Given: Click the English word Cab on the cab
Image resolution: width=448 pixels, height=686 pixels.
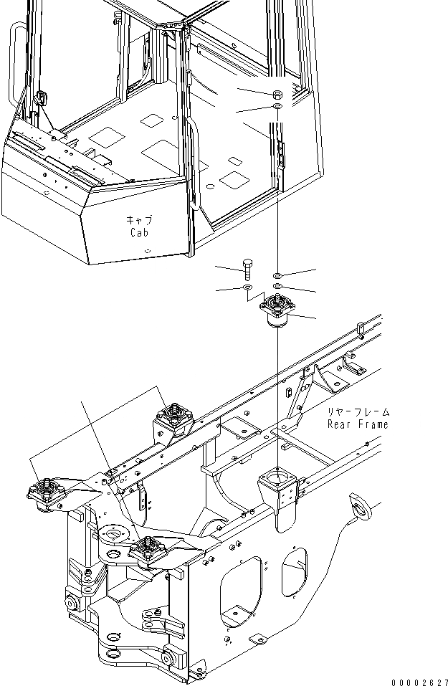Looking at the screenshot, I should click(140, 233).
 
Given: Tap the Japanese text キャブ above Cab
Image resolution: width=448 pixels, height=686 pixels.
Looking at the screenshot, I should click(140, 220).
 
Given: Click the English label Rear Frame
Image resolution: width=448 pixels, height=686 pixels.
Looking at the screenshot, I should click(358, 424).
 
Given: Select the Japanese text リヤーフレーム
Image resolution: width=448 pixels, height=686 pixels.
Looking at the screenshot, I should click(358, 412).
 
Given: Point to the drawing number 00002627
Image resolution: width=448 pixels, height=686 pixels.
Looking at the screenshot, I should click(419, 680).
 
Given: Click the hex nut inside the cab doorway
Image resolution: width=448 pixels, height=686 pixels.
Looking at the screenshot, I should click(277, 94).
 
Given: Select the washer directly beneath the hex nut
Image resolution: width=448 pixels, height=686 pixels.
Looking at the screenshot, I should click(277, 107).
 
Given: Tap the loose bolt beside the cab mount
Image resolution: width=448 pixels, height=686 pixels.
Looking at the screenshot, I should click(248, 270).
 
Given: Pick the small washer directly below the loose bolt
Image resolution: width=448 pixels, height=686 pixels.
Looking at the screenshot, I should click(248, 287).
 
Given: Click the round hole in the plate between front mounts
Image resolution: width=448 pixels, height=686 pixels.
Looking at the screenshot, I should click(113, 534).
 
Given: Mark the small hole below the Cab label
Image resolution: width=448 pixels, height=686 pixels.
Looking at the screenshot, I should click(146, 251).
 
